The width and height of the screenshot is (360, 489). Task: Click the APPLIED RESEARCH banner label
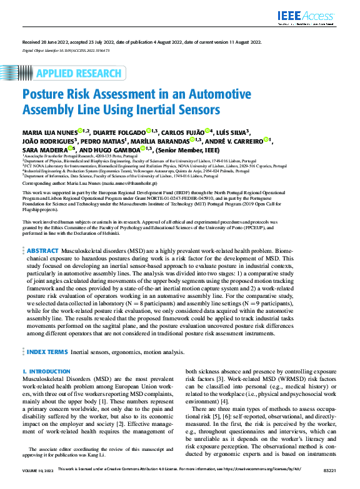78,74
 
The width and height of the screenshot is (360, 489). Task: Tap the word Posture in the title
46,95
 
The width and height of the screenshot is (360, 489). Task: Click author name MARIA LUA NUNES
49,132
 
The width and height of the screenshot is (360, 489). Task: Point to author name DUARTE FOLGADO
121,132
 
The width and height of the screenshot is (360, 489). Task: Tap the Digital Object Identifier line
66,49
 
